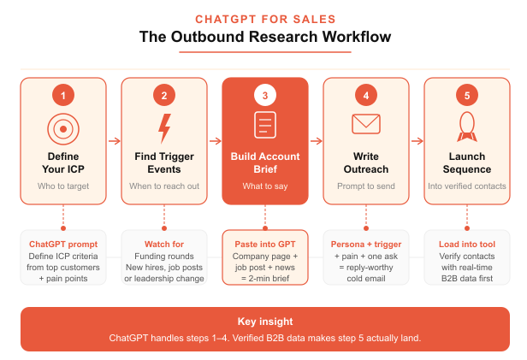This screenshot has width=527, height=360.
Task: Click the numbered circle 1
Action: (62, 95)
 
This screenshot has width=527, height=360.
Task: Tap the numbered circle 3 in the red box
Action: (264, 95)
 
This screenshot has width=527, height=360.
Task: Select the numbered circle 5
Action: (466, 95)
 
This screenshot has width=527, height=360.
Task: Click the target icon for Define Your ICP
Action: (62, 127)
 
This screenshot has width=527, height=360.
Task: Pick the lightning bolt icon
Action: (163, 127)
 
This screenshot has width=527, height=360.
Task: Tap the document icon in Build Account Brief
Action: (264, 125)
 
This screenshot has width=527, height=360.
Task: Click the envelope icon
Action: (365, 125)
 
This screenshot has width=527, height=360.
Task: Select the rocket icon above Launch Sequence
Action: (466, 126)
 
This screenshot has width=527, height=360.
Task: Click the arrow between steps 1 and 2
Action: (113, 141)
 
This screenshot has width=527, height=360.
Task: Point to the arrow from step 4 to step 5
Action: (416, 141)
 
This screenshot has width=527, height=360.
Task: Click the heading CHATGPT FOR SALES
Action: (263, 18)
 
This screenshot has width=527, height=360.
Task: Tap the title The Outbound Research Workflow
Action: (263, 38)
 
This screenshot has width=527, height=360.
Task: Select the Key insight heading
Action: (263, 322)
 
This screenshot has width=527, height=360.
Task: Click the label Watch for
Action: (163, 245)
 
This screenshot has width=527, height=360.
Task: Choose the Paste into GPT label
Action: (264, 245)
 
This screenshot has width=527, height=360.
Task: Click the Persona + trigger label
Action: (365, 245)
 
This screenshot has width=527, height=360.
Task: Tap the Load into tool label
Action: (466, 245)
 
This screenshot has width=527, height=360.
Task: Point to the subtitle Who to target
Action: (62, 186)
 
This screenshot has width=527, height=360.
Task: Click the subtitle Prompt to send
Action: (365, 186)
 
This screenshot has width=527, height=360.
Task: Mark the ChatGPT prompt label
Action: (62, 245)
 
